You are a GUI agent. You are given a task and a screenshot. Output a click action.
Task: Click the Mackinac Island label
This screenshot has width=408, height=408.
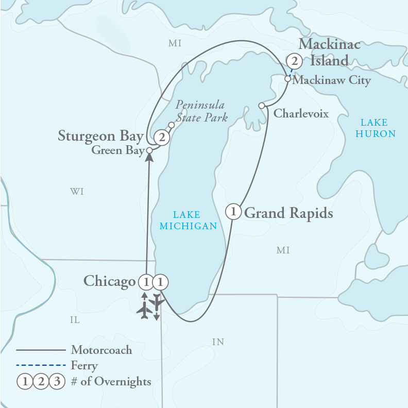(329, 52)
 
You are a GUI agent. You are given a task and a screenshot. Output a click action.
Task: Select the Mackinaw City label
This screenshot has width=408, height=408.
(331, 80)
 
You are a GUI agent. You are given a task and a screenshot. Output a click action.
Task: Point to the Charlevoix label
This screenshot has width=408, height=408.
(301, 113)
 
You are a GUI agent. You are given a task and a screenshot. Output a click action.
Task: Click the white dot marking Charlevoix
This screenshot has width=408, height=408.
(262, 106)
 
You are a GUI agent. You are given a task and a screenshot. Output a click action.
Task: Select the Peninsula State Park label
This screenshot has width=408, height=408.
(200, 111)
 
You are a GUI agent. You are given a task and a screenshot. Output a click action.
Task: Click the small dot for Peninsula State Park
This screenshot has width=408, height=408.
(172, 125)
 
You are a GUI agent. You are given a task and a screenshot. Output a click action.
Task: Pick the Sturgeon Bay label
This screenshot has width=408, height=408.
(100, 137)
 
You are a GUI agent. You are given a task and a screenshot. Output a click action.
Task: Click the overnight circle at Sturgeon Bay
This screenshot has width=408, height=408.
(162, 138)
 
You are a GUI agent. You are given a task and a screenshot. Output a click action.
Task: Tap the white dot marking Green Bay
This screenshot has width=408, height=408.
(149, 150)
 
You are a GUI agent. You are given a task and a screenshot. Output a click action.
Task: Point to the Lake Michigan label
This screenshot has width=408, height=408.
(188, 220)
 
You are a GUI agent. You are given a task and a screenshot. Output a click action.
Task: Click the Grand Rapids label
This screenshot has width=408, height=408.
(288, 213)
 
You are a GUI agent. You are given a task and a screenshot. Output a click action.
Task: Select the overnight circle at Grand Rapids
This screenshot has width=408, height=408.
(233, 212)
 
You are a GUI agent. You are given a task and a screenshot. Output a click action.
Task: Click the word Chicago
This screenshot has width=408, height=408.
(109, 281)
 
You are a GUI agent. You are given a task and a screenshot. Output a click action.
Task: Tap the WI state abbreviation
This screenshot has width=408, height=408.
(77, 192)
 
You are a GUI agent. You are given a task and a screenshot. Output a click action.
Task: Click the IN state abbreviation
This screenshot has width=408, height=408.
(218, 342)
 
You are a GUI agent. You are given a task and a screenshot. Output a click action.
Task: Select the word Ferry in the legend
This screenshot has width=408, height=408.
(84, 366)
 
